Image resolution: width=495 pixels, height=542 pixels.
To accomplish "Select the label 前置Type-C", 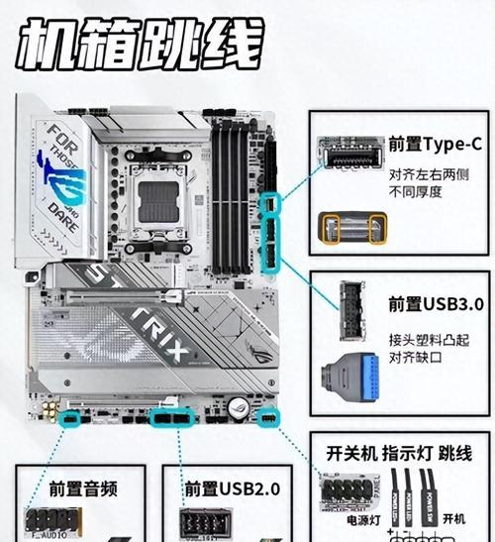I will (x=435, y=145).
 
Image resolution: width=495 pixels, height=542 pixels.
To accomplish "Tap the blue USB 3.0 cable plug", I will (x=352, y=375).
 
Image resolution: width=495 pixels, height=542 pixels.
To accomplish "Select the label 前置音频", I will (x=85, y=488).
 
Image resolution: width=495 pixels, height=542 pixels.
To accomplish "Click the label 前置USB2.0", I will (x=233, y=488).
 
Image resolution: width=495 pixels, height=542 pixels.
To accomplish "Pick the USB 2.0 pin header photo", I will (x=205, y=522).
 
